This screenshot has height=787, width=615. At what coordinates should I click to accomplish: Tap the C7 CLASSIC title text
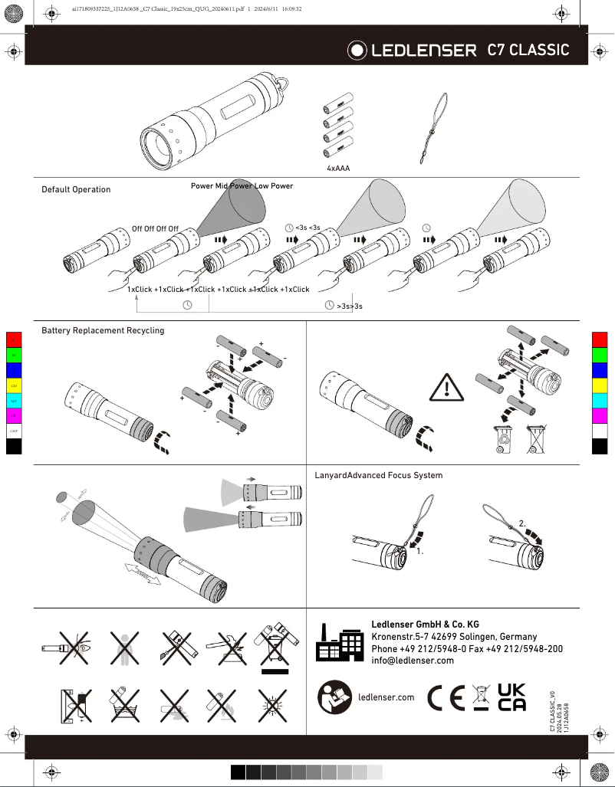pos(528,50)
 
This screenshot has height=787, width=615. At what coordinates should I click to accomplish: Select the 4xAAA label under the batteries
pos(338,167)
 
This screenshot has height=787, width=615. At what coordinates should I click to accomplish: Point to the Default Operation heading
pos(76,189)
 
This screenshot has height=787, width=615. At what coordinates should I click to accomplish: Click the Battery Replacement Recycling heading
pos(103,330)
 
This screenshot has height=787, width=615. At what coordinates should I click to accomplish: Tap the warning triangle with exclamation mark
pos(446,389)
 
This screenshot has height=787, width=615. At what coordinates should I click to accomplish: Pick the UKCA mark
pos(511,697)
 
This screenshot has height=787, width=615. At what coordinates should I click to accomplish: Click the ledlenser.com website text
pos(386,697)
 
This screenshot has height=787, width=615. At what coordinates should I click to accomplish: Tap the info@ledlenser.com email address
pos(413,661)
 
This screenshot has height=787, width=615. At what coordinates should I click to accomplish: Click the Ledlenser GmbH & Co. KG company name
pos(424,625)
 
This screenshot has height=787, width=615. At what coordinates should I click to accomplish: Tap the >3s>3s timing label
pos(349,306)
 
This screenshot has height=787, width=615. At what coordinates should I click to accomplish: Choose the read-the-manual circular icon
pos(334,697)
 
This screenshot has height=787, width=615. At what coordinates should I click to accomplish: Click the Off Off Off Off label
pos(155,228)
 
